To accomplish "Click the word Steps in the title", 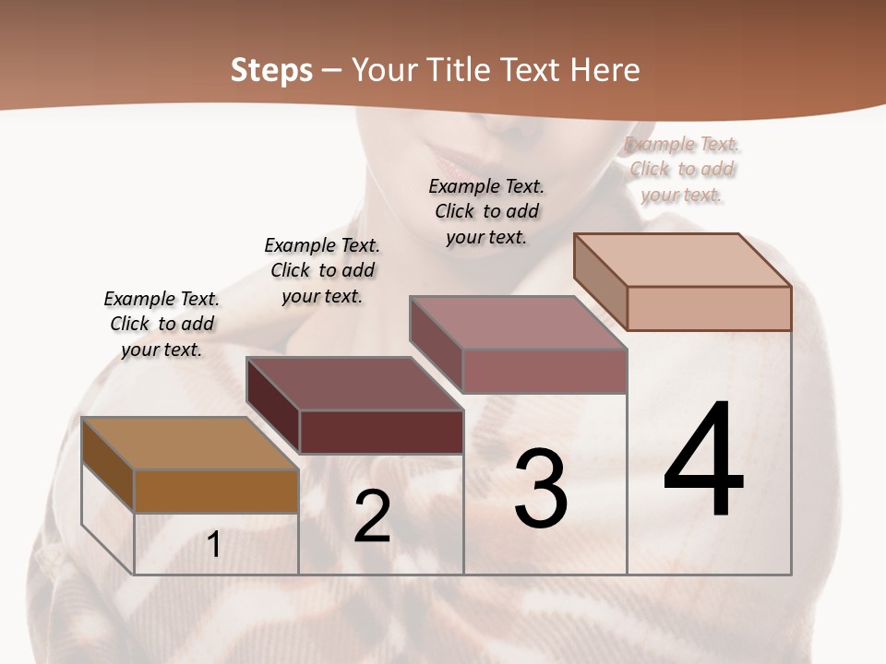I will coord(271,70).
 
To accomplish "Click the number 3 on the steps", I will coord(540,489).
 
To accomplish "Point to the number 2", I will coord(372,516).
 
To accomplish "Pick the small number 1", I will coord(214,545).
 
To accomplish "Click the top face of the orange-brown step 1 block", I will coord(189,444).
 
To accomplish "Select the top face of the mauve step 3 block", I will coord(518,323).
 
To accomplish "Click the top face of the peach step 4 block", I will coord(682,260).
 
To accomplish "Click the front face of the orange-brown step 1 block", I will coord(216,492).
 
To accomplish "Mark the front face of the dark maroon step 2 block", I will coord(381,432).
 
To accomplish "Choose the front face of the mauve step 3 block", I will coord(545,372).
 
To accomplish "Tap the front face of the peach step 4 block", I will coord(709,308).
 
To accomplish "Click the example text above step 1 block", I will coord(162,324).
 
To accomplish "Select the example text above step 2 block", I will coord(322,270).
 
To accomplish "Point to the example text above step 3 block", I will coord(486,211).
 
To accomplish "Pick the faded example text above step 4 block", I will coord(682,169).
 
